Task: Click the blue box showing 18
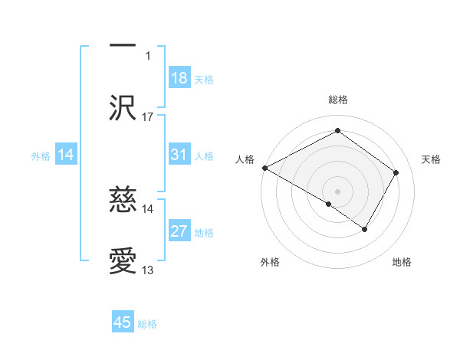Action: pyautogui.click(x=179, y=78)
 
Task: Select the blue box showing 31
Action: pyautogui.click(x=179, y=155)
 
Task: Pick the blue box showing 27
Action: pyautogui.click(x=179, y=231)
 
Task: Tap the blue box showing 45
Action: pyautogui.click(x=123, y=322)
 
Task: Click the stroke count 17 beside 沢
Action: pyautogui.click(x=148, y=117)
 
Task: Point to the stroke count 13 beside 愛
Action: pyautogui.click(x=148, y=270)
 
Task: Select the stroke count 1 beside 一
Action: pyautogui.click(x=149, y=55)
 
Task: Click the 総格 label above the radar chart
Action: pyautogui.click(x=337, y=100)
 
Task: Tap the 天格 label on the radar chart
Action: pyautogui.click(x=431, y=159)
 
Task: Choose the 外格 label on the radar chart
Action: pyautogui.click(x=269, y=263)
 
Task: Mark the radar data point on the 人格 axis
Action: pyautogui.click(x=264, y=168)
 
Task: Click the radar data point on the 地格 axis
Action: pyautogui.click(x=365, y=229)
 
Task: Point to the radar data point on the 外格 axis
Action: pyautogui.click(x=329, y=204)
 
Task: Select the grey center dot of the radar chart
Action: pyautogui.click(x=337, y=191)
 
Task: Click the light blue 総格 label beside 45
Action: pyautogui.click(x=147, y=324)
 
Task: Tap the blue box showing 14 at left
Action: pyautogui.click(x=66, y=155)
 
